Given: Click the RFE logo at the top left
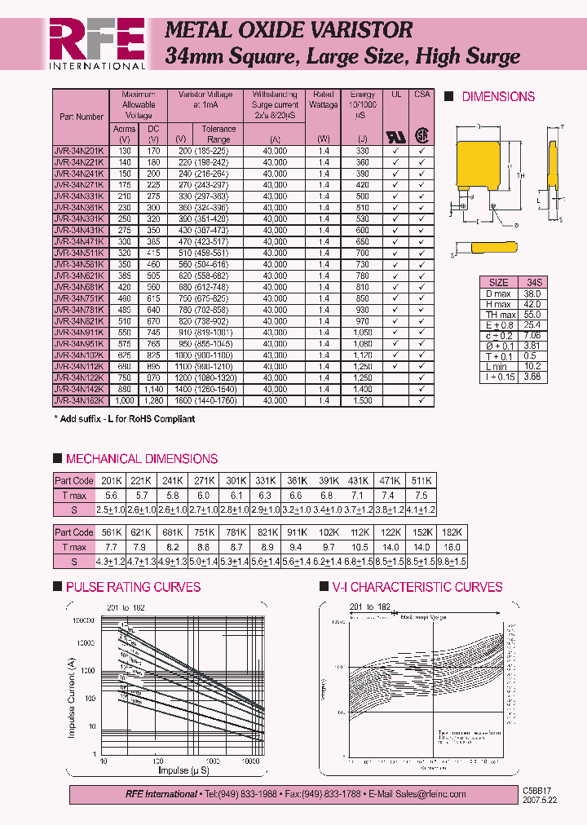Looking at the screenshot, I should coord(97,43).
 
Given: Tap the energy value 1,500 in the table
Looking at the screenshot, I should coord(362,401).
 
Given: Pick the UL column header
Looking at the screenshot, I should coord(396,95).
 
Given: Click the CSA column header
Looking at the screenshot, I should coord(421,95).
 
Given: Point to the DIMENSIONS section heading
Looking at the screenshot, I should coord(498,96).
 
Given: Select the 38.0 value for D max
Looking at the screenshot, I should coord(532,293).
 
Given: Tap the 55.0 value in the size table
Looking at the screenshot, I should coord(532,315).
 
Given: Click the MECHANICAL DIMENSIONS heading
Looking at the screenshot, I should coord(141,459).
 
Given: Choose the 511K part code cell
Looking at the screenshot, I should coord(421,480).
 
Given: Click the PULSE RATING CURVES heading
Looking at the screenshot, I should coord(133,587).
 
